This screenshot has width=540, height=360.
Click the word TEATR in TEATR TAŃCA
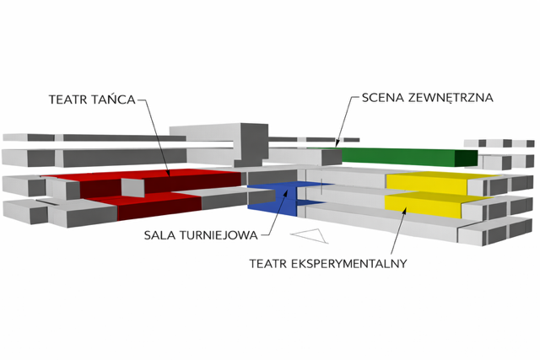click(68, 98)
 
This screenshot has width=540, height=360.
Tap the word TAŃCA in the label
click(114, 98)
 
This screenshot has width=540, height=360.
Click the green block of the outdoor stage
click(397, 155)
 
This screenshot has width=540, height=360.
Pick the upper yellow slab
click(426, 179)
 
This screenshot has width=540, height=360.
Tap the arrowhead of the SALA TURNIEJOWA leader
click(289, 196)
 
